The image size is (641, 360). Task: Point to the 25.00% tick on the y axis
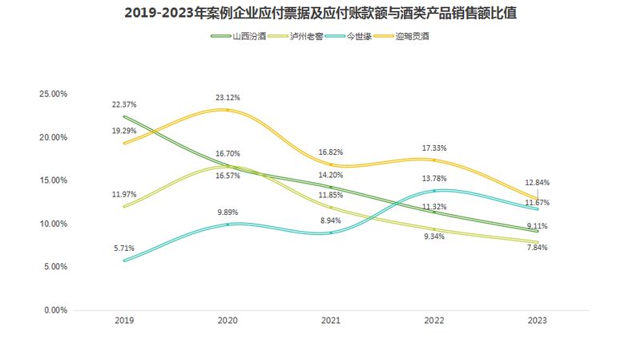[54, 94]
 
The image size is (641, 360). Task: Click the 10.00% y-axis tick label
[54, 224]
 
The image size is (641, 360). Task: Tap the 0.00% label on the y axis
[56, 310]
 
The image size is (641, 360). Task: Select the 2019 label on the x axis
[124, 321]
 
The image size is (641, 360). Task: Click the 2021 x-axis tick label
[331, 321]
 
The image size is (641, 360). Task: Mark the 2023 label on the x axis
[538, 321]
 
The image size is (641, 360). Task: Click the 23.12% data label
[228, 98]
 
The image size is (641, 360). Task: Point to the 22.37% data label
[124, 105]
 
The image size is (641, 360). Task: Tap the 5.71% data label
[124, 249]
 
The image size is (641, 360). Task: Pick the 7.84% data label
[538, 248]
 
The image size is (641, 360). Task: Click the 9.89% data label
[228, 212]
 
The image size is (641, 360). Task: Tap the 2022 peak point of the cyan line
[434, 191]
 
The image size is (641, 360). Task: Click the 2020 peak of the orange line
[228, 110]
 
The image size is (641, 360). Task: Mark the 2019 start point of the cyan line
[124, 261]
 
